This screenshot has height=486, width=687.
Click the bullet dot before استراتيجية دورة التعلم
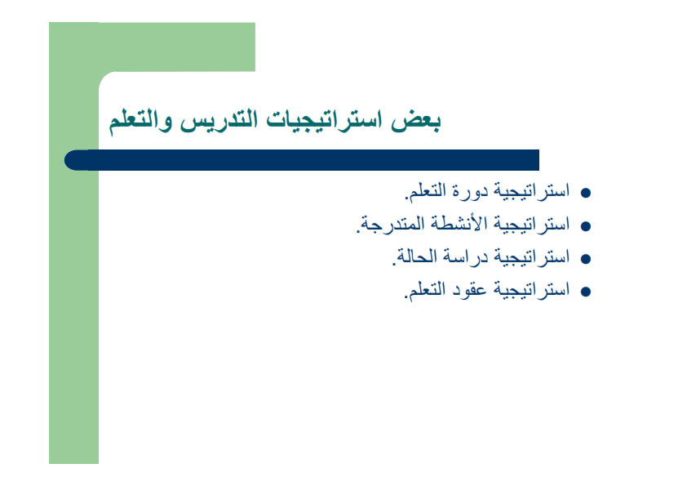pyautogui.click(x=584, y=194)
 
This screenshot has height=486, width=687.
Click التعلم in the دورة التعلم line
pyautogui.click(x=429, y=193)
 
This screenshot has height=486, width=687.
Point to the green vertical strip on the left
pyautogui.click(x=73, y=327)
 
